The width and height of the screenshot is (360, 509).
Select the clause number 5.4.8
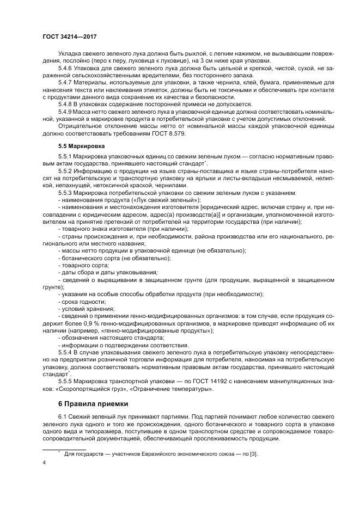coord(66,103)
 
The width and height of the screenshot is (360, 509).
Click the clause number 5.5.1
coord(66,157)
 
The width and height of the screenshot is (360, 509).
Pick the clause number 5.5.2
coord(66,171)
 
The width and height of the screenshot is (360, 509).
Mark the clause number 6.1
coord(63,416)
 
